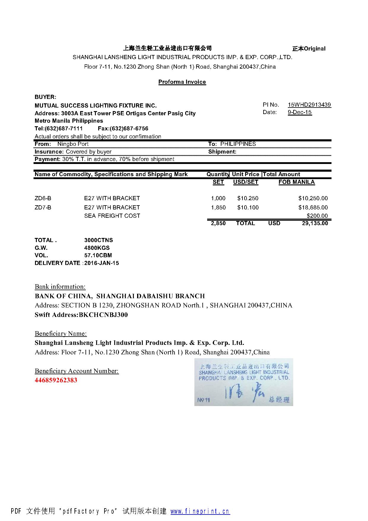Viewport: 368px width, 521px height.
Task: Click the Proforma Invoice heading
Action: (x=182, y=82)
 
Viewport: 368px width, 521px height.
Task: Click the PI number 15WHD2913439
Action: (x=309, y=105)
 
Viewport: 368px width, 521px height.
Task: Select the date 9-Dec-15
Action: (x=300, y=112)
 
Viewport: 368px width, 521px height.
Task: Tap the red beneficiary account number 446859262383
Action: (x=56, y=380)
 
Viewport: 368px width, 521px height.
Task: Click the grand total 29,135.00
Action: (x=315, y=223)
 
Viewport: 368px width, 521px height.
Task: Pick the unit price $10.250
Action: (x=248, y=198)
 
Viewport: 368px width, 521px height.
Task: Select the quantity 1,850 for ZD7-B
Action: (x=218, y=208)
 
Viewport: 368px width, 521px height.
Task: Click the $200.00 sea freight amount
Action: (x=317, y=216)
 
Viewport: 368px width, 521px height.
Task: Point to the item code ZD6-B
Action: (x=43, y=198)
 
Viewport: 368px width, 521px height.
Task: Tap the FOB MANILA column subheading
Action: (x=296, y=182)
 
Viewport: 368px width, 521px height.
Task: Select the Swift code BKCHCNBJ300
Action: (x=103, y=315)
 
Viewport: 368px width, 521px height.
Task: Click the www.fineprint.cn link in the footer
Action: (x=200, y=511)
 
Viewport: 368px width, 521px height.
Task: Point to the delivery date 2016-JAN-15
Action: (x=101, y=263)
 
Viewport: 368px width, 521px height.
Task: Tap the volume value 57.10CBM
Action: (x=98, y=255)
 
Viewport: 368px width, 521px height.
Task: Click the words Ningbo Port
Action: (x=73, y=144)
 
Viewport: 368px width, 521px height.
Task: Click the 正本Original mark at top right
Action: (x=309, y=49)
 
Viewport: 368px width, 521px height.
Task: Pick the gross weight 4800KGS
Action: (x=97, y=248)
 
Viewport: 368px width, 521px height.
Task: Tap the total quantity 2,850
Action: (x=218, y=223)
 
